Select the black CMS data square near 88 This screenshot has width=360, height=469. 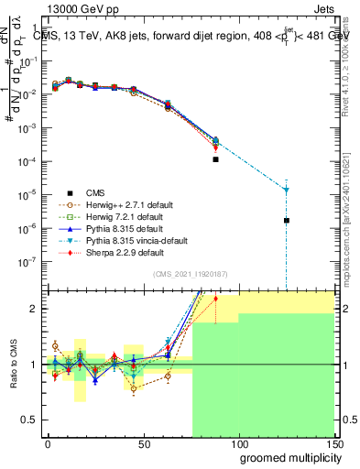point(215,159)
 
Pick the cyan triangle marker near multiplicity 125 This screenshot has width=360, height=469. point(287,190)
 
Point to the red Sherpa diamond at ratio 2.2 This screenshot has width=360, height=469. point(215,299)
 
